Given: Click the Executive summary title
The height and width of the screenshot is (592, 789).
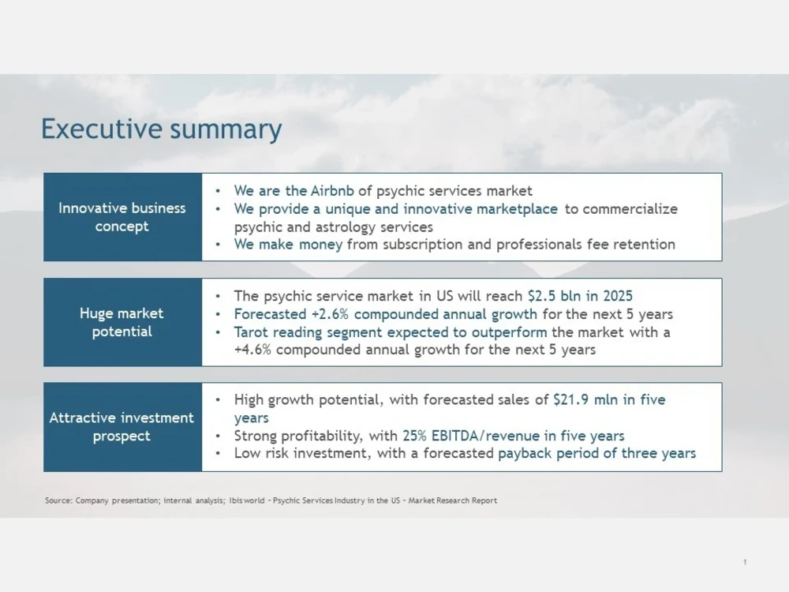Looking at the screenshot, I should click(x=161, y=129).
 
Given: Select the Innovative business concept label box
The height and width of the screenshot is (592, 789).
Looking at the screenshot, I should click(x=122, y=217).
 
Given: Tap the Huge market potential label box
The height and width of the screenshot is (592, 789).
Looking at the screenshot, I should click(x=122, y=322).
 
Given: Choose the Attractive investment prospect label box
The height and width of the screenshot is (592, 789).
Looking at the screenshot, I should click(x=122, y=427).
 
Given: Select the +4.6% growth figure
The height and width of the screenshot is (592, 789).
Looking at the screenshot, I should click(x=253, y=349).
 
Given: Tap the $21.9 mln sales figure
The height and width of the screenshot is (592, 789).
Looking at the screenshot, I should click(x=578, y=400).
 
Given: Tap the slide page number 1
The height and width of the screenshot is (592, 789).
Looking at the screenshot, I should click(x=745, y=562).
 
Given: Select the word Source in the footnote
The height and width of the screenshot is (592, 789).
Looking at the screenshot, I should click(x=58, y=500).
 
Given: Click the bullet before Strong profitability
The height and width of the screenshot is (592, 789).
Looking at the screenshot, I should click(x=218, y=436).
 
